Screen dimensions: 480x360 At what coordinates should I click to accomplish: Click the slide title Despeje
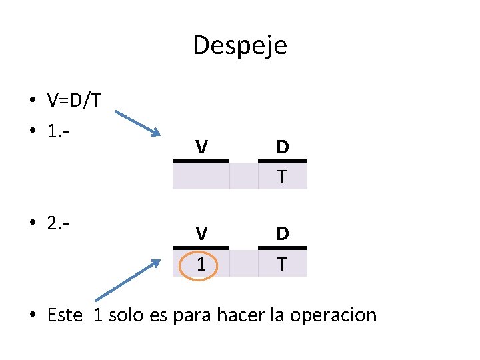[x=240, y=46]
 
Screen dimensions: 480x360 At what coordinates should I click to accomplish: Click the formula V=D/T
[x=74, y=101]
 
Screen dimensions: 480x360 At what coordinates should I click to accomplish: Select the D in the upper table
[x=283, y=147]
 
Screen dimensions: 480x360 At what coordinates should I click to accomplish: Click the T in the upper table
[x=283, y=177]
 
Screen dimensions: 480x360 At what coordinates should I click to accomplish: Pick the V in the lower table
[x=200, y=233]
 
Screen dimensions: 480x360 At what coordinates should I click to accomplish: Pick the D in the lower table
[x=283, y=233]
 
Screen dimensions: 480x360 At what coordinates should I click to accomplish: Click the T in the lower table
[x=283, y=264]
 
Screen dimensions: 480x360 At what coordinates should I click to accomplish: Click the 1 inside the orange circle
[x=200, y=265]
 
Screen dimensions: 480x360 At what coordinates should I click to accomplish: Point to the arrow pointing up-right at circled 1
[x=128, y=280]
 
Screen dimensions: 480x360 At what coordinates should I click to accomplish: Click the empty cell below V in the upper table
[x=200, y=177]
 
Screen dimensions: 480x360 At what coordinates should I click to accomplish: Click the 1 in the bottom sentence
[x=98, y=315]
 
